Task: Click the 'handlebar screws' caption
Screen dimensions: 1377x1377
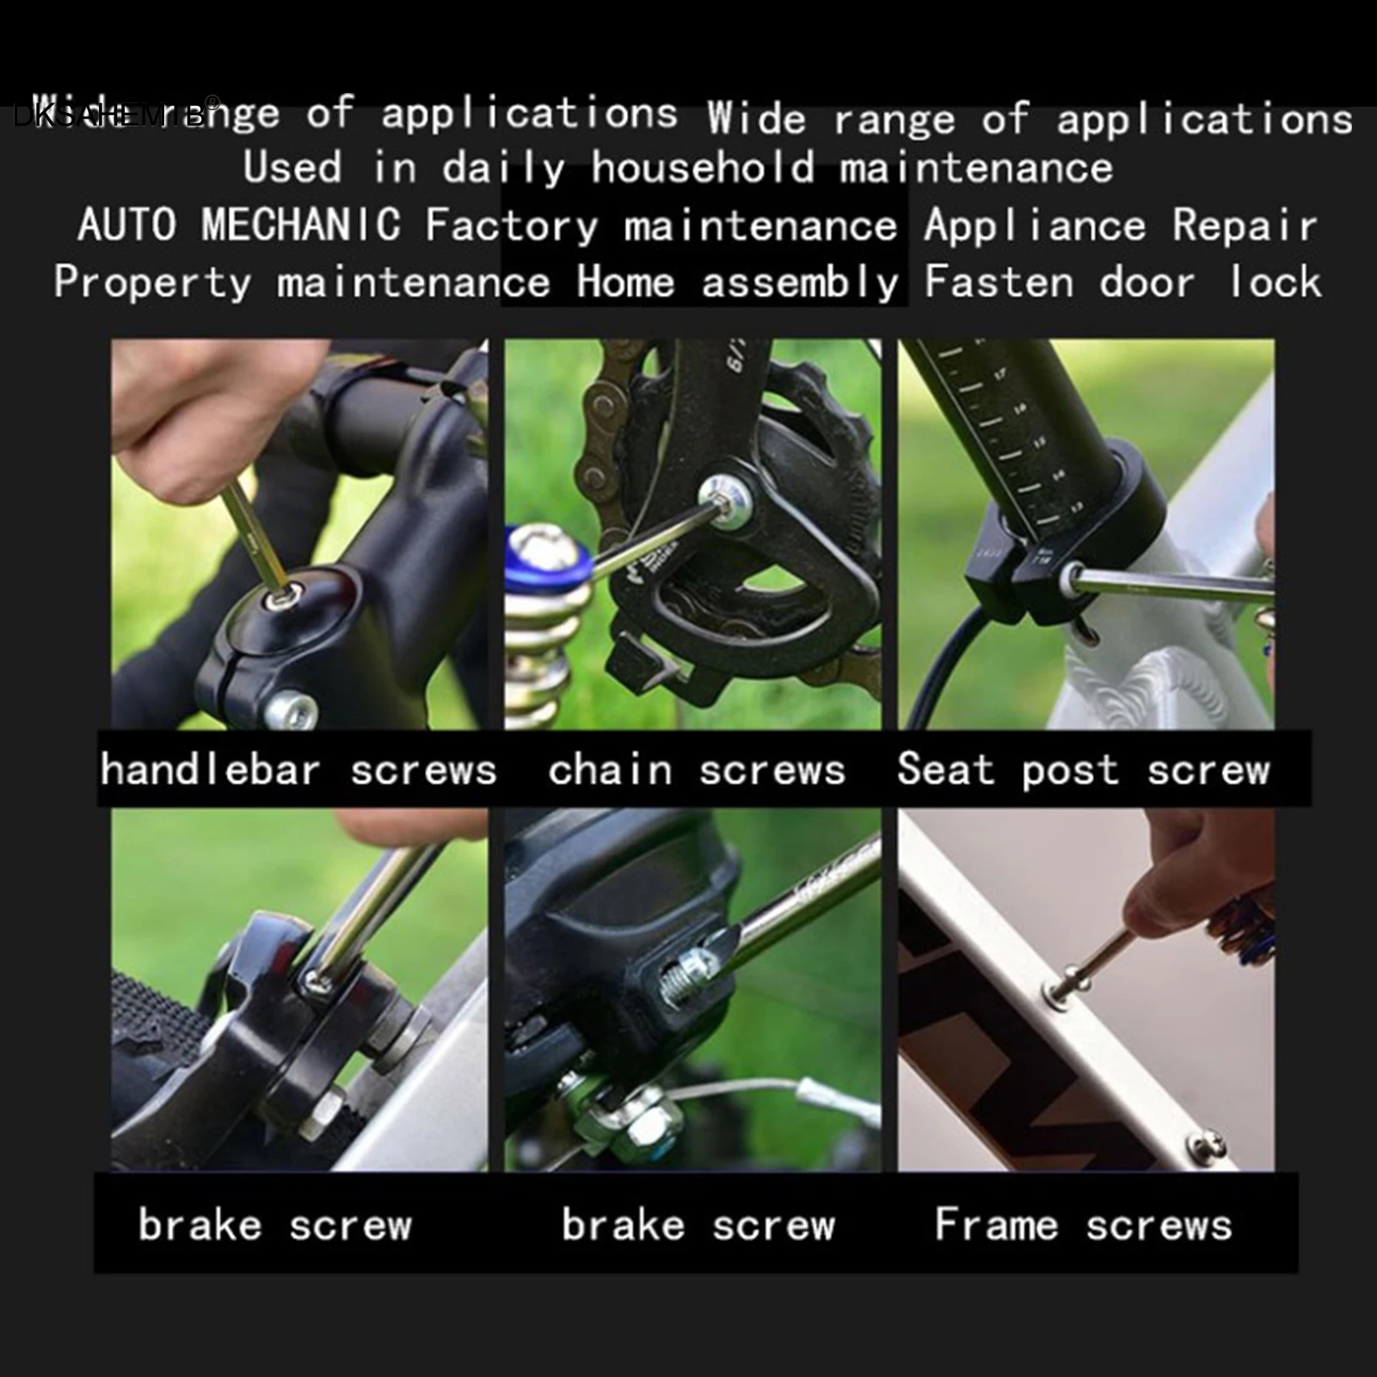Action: tap(298, 770)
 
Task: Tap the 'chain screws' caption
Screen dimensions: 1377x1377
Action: tap(697, 770)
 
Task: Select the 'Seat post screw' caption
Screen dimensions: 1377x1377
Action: tap(1083, 770)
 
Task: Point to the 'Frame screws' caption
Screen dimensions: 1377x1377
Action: tap(1083, 1225)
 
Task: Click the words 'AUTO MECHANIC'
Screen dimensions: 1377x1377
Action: tap(239, 225)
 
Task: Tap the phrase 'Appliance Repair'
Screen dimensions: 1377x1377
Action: tap(1120, 226)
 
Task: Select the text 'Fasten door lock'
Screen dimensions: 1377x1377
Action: tap(1122, 283)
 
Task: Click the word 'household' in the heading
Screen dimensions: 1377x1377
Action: tap(702, 168)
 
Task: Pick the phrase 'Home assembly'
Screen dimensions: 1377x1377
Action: tap(737, 283)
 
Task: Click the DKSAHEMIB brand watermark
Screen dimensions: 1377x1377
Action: tap(112, 116)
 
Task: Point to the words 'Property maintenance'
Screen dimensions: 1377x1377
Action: tap(301, 283)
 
